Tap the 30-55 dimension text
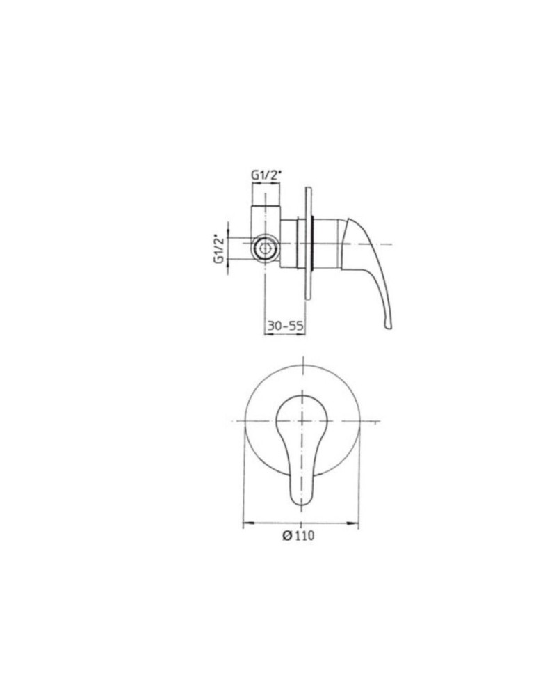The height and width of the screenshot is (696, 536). [285, 325]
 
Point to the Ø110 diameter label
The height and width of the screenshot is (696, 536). [299, 535]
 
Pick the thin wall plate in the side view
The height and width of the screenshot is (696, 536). [307, 244]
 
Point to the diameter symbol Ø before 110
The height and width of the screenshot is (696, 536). [286, 535]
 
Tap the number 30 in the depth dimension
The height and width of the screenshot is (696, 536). [274, 325]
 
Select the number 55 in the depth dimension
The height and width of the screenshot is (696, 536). [296, 325]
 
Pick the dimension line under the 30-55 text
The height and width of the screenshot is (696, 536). [285, 334]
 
